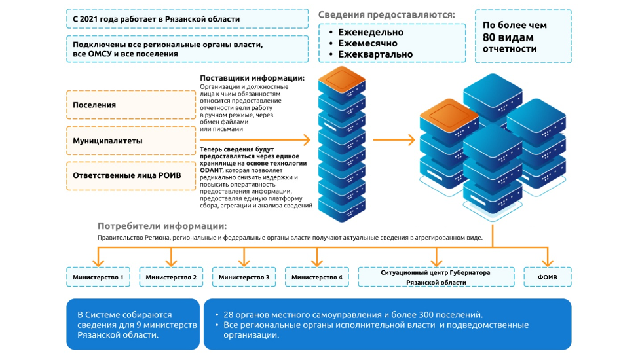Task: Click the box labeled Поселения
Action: click(131, 105)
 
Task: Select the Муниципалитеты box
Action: click(131, 141)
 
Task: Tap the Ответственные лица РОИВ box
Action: click(131, 175)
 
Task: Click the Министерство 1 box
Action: click(99, 278)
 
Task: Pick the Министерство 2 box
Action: click(171, 278)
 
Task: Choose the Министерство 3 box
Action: click(244, 278)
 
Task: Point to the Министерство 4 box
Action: click(316, 278)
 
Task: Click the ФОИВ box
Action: click(547, 278)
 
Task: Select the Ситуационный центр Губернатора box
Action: click(436, 277)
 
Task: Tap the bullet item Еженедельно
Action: click(370, 32)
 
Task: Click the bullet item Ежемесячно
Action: click(367, 43)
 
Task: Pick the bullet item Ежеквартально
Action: click(375, 54)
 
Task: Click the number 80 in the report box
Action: click(493, 37)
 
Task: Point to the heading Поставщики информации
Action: click(252, 79)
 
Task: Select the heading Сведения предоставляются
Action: click(386, 14)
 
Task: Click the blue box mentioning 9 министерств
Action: click(132, 324)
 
